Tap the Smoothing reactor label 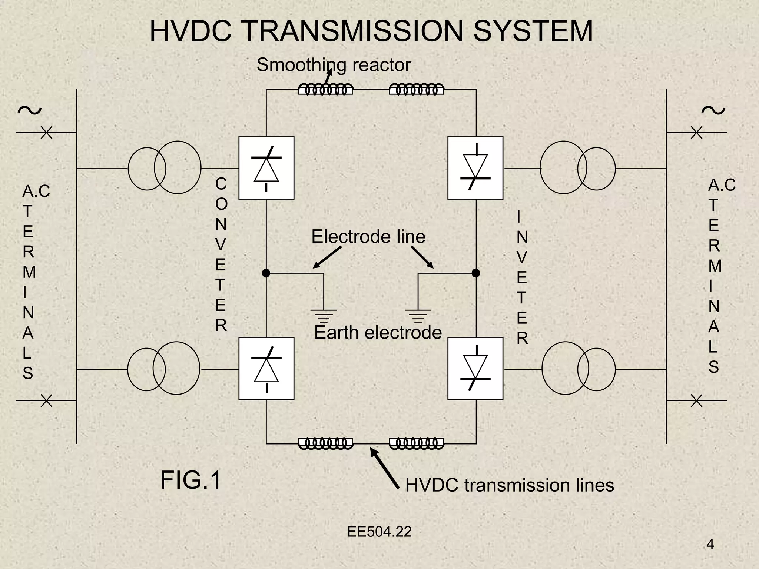click(x=334, y=65)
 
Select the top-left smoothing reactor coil click(x=325, y=90)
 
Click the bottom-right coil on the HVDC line click(x=416, y=443)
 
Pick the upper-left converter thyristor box click(x=266, y=168)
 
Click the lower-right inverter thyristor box click(x=475, y=368)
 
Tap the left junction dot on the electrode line click(x=266, y=273)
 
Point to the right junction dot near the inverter click(x=475, y=273)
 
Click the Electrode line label click(x=368, y=237)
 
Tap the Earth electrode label click(x=378, y=332)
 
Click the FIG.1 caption click(x=190, y=480)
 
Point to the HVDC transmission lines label click(x=510, y=485)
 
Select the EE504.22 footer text click(x=379, y=532)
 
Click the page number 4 click(x=710, y=545)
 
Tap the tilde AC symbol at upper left click(x=29, y=110)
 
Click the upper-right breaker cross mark click(x=696, y=132)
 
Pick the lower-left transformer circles click(x=163, y=369)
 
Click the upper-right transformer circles click(x=577, y=168)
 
